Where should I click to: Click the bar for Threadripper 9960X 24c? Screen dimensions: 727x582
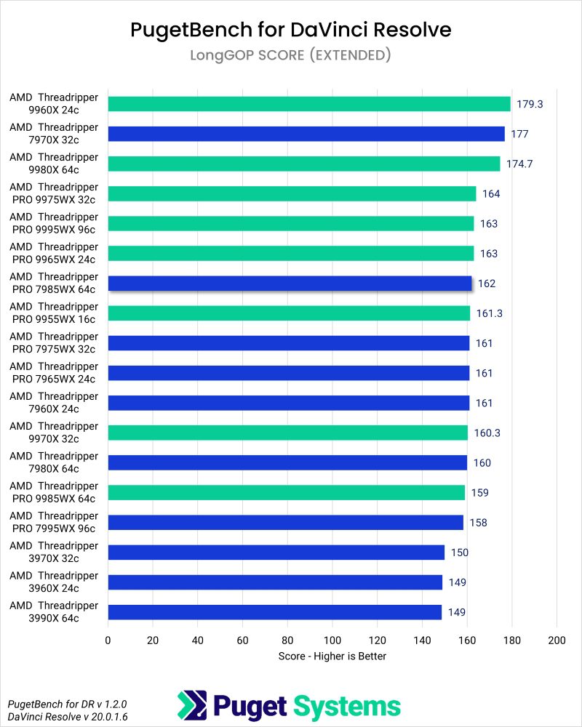tap(309, 104)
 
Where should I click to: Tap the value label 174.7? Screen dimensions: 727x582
tap(520, 164)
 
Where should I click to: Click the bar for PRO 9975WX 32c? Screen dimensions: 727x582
tap(292, 193)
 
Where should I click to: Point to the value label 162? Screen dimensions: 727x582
tap(487, 284)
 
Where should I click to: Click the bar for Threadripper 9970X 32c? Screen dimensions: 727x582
tap(287, 433)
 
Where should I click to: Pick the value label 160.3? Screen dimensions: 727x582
tap(488, 433)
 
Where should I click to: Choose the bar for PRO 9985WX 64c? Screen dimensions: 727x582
tap(286, 492)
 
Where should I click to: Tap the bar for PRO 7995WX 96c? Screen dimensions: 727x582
tap(285, 522)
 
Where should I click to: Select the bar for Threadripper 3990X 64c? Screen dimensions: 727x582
tap(275, 611)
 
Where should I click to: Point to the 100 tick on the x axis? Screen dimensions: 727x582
tap(332, 640)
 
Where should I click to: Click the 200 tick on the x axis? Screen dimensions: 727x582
tap(557, 640)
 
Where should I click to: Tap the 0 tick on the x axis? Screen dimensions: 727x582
tap(108, 640)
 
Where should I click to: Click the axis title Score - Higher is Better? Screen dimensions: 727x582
tap(332, 656)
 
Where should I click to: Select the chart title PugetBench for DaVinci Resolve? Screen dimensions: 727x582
tap(291, 29)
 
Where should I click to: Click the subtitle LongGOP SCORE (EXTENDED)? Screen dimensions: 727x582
tap(291, 55)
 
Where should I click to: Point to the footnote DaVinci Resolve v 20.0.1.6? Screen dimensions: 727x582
tap(56, 717)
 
